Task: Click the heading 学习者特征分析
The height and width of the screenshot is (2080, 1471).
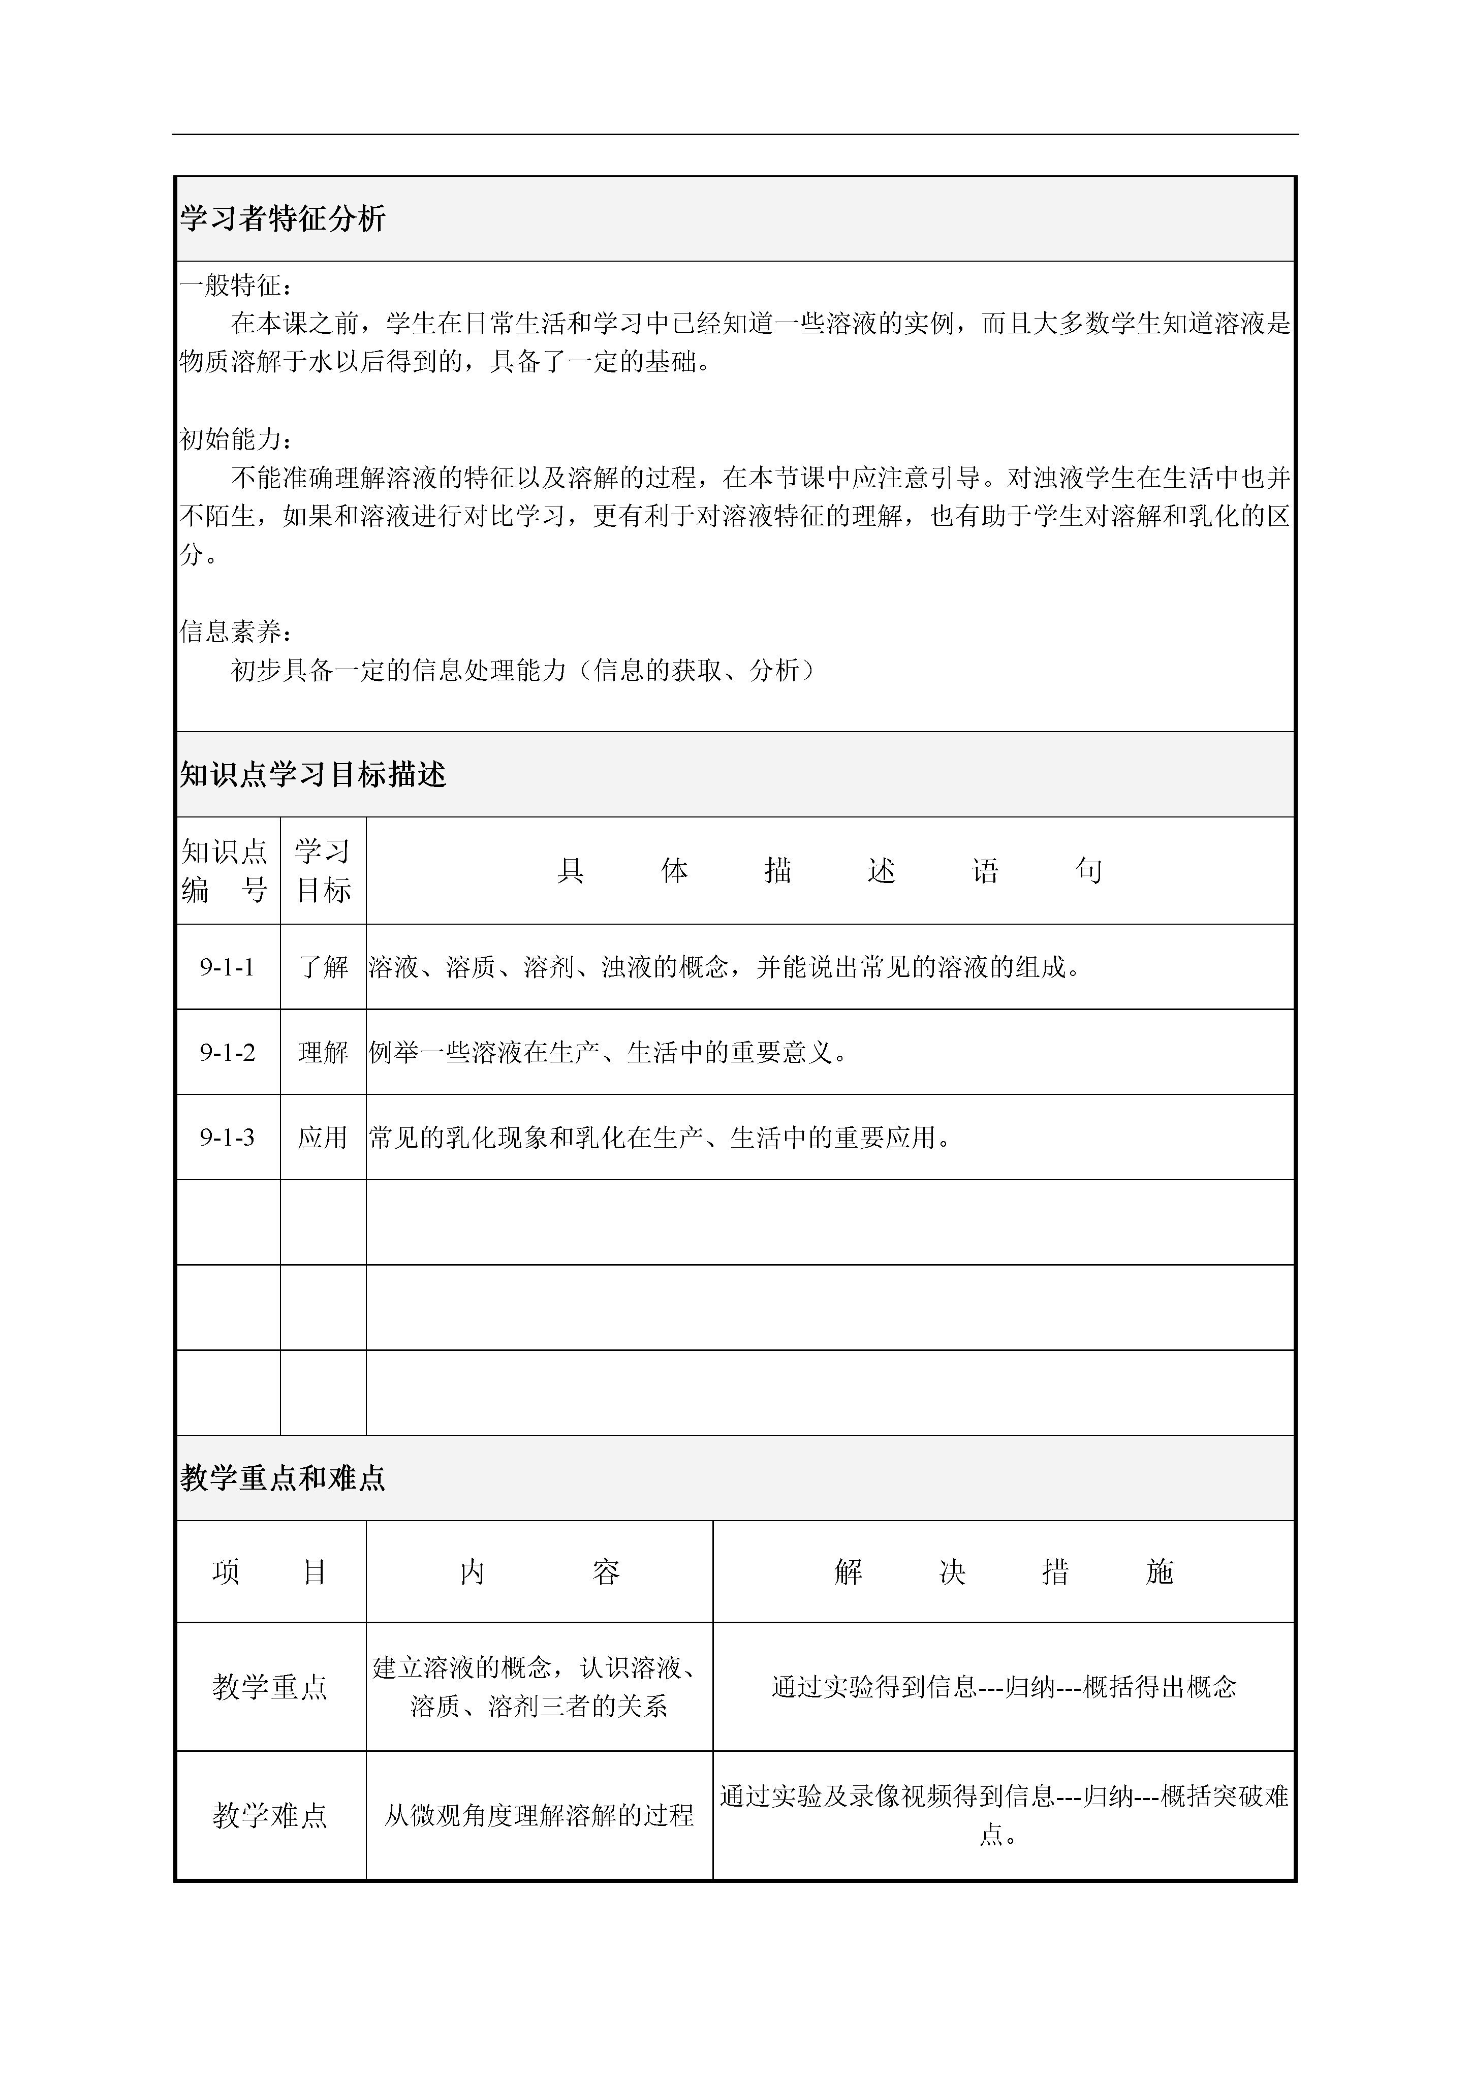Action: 283,218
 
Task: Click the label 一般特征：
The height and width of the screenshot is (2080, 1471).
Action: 235,286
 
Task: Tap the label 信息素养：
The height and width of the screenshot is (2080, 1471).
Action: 235,632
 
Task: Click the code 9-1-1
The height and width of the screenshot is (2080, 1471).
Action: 227,967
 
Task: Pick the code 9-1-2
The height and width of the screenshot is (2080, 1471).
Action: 227,1053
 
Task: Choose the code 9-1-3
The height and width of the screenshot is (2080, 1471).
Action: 227,1138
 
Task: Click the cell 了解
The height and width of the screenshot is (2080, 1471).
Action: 323,967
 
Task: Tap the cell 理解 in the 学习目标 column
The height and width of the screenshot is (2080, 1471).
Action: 323,1053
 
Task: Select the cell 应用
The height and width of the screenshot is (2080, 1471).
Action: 323,1138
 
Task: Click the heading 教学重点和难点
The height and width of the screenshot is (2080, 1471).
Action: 283,1478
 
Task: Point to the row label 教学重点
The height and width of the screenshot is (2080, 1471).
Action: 270,1687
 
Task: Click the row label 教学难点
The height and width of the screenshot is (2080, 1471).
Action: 270,1815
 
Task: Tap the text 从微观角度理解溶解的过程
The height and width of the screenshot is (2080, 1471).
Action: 539,1815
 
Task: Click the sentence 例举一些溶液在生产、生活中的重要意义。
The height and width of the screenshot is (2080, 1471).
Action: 609,1053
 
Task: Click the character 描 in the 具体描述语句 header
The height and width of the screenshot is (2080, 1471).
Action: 778,871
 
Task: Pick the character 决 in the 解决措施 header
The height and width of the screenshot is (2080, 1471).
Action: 952,1572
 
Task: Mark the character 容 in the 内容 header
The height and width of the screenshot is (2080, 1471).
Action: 606,1572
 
